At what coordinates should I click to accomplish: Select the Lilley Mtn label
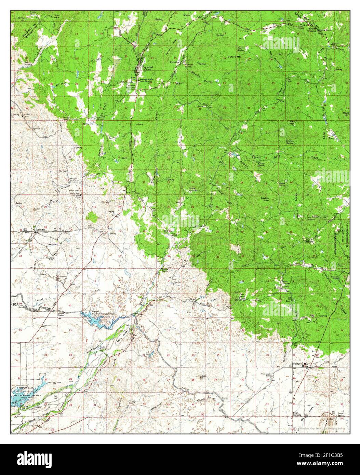tap(292, 122)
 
